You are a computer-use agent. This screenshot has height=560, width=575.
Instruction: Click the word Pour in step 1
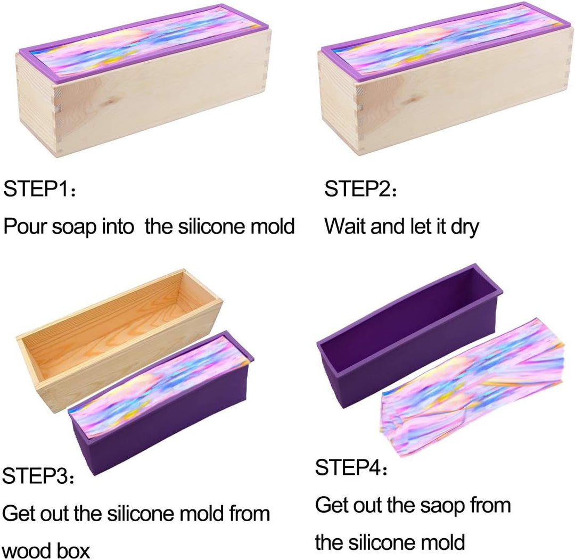pos(25,226)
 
